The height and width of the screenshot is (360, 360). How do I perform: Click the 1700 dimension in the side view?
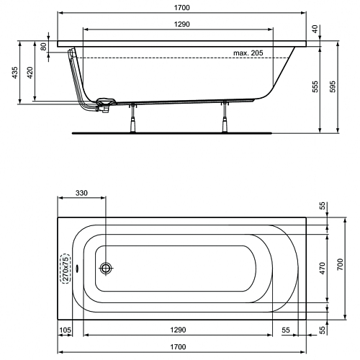pyautogui.click(x=181, y=8)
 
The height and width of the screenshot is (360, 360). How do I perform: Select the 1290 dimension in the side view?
pyautogui.click(x=181, y=24)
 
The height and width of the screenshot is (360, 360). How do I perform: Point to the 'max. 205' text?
pyautogui.click(x=248, y=53)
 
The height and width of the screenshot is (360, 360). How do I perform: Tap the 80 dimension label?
pyautogui.click(x=43, y=47)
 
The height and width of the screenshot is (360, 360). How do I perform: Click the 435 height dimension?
pyautogui.click(x=15, y=73)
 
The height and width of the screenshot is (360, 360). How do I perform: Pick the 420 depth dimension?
pyautogui.click(x=30, y=73)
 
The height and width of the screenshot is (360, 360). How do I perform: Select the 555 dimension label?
pyautogui.click(x=315, y=86)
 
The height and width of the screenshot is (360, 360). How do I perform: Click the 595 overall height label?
pyautogui.click(x=333, y=86)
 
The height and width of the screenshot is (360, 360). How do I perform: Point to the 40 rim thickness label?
pyautogui.click(x=315, y=29)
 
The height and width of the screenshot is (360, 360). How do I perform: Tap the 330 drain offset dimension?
pyautogui.click(x=81, y=193)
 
